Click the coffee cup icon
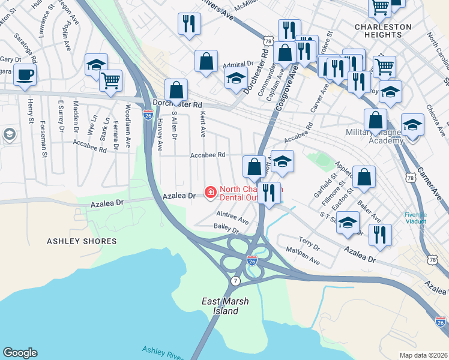coord(25,75)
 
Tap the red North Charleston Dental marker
coord(211,192)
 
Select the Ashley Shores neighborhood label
coord(82,241)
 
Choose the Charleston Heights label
coord(383,31)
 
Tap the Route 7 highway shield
coord(235,281)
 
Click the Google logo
coord(20,353)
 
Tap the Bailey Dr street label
coord(226,228)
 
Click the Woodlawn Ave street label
coord(128,125)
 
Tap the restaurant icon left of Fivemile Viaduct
coord(380,233)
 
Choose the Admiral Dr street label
coord(238,64)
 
